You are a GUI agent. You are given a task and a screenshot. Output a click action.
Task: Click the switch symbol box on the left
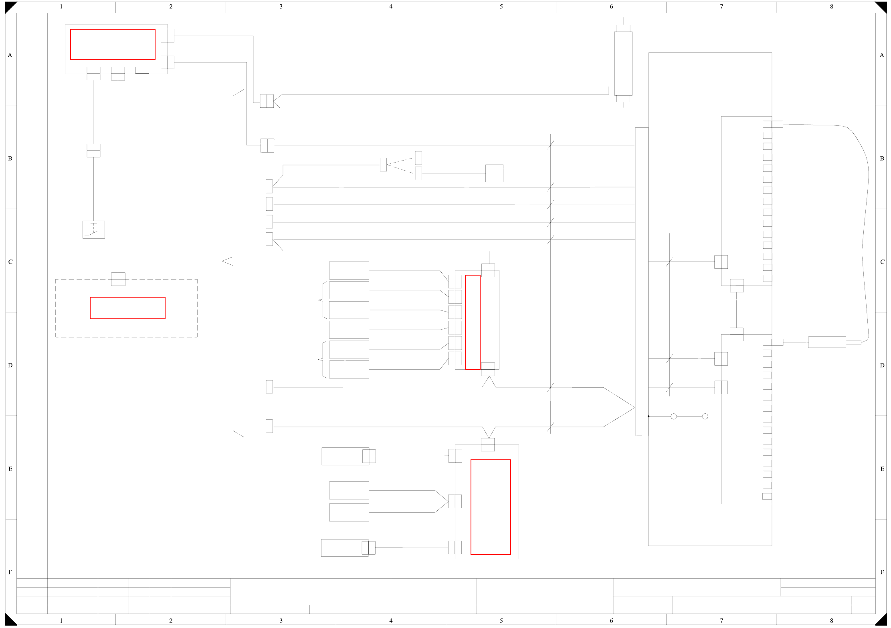[93, 229]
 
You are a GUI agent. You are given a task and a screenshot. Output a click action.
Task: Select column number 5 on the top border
[501, 6]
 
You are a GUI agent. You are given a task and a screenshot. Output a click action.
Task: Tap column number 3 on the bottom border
[281, 620]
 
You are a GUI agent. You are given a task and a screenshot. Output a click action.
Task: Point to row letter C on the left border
[10, 262]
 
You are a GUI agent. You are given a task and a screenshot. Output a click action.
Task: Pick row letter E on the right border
[882, 469]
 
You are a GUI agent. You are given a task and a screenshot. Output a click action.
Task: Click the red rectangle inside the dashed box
[127, 308]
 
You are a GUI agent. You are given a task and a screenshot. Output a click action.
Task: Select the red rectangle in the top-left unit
[113, 44]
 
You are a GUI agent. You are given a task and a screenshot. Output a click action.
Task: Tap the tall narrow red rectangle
[473, 322]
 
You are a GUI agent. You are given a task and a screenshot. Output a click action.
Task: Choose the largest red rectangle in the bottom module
[491, 507]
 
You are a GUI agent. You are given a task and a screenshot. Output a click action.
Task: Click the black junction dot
[649, 417]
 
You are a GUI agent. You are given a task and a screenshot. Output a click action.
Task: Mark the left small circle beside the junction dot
[674, 417]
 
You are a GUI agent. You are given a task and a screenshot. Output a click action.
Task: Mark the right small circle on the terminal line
[705, 417]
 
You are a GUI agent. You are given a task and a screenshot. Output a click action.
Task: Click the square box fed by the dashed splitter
[494, 173]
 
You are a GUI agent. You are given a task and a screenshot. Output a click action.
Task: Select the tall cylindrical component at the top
[623, 63]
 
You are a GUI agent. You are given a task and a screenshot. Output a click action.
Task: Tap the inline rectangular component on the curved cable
[827, 342]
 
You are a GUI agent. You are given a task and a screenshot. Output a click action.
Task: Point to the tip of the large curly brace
[223, 261]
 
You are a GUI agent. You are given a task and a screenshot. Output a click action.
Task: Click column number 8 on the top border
[832, 6]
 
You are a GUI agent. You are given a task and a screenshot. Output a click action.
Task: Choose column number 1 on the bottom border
[61, 620]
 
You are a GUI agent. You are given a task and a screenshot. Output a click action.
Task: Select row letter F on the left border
[10, 572]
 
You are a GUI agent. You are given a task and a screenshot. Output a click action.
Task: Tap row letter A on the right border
[882, 55]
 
